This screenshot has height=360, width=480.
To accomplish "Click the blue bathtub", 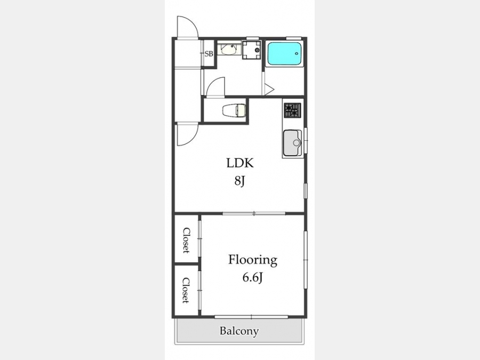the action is pyautogui.click(x=284, y=53).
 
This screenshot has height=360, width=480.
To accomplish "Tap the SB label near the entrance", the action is pyautogui.click(x=209, y=54).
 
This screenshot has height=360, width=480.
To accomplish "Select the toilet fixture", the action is pyautogui.click(x=234, y=110).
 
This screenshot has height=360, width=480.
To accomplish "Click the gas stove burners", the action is pyautogui.click(x=292, y=110).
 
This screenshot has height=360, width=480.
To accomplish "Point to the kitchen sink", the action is pyautogui.click(x=293, y=143).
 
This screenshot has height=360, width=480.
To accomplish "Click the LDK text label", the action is pyautogui.click(x=240, y=163).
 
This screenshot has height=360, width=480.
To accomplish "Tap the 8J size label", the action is pyautogui.click(x=239, y=181).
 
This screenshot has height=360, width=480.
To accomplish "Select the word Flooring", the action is pyautogui.click(x=253, y=260).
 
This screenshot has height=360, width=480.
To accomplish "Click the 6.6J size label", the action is pyautogui.click(x=253, y=278).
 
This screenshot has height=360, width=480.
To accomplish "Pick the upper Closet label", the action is pyautogui.click(x=186, y=241).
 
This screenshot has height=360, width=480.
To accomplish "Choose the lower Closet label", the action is pyautogui.click(x=186, y=290).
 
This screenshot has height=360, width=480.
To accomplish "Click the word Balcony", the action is pyautogui.click(x=239, y=331).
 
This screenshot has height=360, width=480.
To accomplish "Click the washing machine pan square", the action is pyautogui.click(x=252, y=50).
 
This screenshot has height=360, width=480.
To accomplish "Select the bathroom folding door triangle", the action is pyautogui.click(x=269, y=89).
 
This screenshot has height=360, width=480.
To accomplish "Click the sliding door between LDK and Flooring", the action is pyautogui.click(x=254, y=213).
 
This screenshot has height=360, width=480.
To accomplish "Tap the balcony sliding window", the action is pyautogui.click(x=251, y=317).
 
